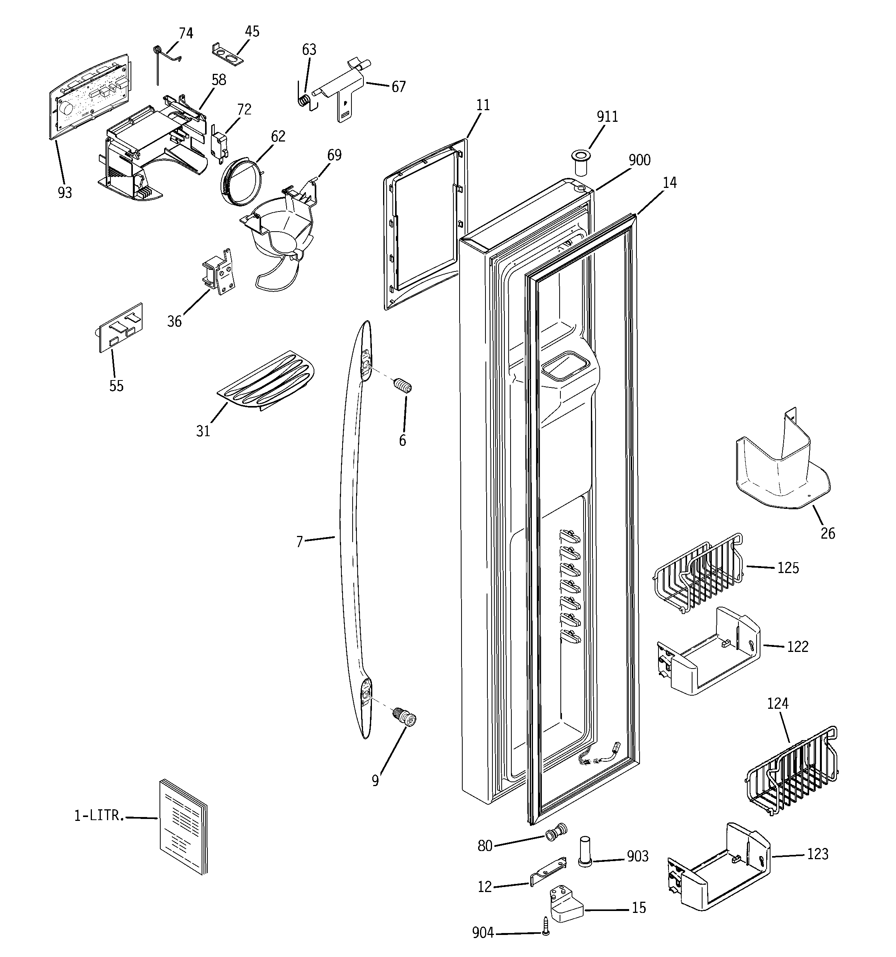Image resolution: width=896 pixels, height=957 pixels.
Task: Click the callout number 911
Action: click(607, 117)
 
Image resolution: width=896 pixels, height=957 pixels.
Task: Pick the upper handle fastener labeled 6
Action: click(402, 386)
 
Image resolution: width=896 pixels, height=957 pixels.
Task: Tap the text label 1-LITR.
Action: click(98, 815)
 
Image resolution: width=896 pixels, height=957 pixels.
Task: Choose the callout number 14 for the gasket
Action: click(669, 183)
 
